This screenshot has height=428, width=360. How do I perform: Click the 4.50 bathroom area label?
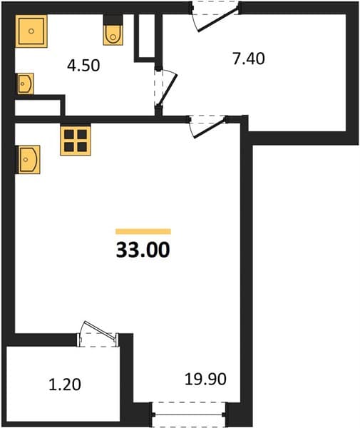pos(83,66)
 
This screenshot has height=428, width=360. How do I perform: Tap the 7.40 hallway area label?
pos(249,58)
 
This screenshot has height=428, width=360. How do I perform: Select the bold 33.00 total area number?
pos(143,250)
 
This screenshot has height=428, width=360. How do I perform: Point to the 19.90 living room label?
pos(205,379)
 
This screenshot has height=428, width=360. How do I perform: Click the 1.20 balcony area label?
pos(65,384)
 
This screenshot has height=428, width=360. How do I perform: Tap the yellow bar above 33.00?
pos(143,231)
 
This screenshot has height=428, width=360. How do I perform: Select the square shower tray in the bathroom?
pos(31,31)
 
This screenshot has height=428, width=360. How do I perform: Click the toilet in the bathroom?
pos(113,30)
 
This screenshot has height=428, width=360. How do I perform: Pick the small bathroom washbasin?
pos(25,83)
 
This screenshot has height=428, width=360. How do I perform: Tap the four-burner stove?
pos(76,141)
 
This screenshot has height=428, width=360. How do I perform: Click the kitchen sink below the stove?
pos(29,159)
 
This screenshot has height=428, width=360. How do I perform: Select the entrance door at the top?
pos(215,16)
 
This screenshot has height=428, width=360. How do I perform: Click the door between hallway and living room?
pos(208,126)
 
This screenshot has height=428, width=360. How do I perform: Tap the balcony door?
pos(98,334)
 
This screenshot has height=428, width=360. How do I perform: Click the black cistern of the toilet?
pos(113,19)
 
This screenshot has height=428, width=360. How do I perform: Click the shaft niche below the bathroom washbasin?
pos(38,108)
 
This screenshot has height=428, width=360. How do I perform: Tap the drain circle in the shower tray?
pos(31,31)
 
